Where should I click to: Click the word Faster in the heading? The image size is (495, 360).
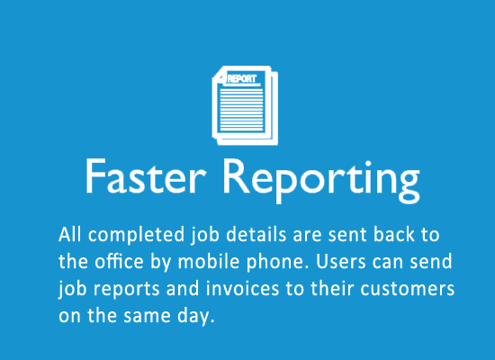146,175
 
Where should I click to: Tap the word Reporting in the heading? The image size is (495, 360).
321,180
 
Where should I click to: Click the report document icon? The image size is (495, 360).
245,105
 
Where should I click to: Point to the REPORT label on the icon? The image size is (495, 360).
242,78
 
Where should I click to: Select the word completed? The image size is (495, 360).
136,236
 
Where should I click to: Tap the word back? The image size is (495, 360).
394,235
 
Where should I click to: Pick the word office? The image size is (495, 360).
119,262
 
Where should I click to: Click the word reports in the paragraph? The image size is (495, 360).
126,290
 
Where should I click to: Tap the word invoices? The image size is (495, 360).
242,289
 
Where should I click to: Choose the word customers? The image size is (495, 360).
407,289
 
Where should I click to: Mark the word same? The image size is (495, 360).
147,316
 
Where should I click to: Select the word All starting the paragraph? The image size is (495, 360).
70,235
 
